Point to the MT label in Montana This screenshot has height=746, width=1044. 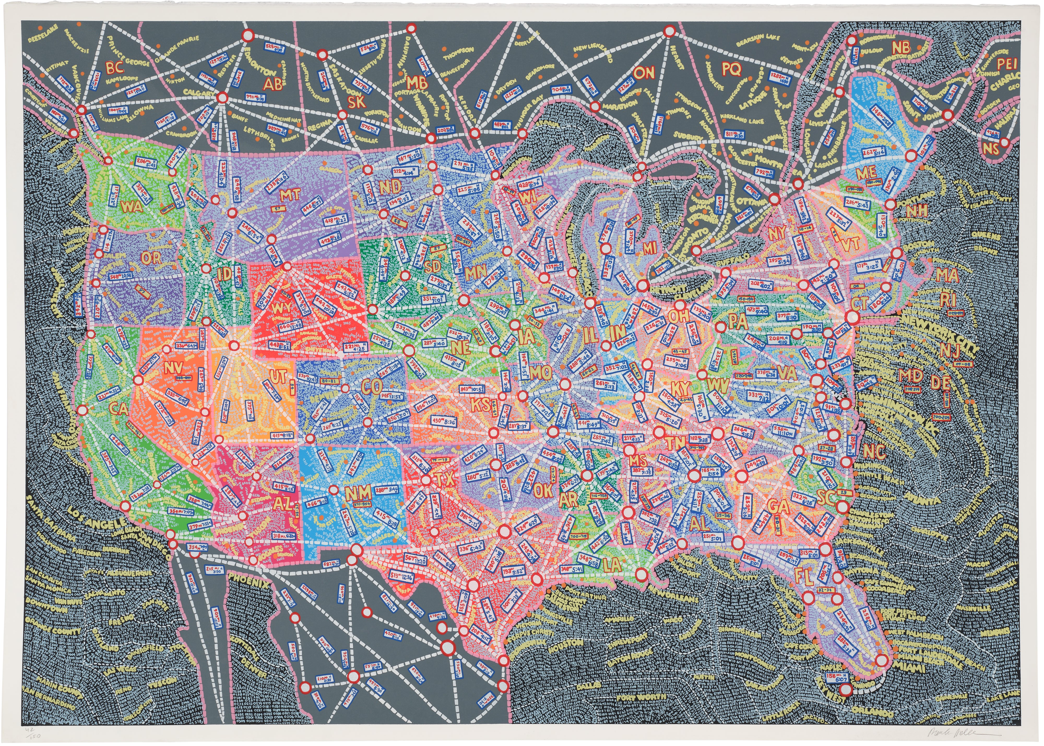coord(290,195)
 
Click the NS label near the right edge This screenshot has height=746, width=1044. coord(991,148)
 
